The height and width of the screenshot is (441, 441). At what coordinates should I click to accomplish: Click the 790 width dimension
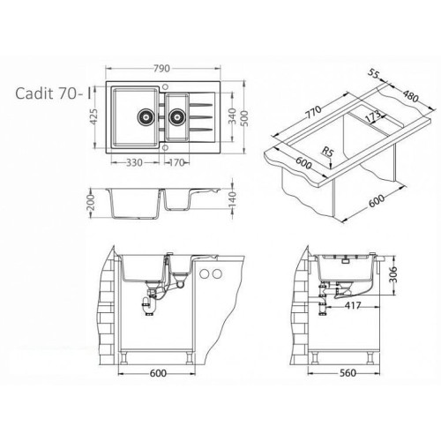point(161,68)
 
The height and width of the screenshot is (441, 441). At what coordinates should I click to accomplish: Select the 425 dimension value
point(93,116)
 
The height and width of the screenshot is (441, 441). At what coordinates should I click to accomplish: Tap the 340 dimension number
point(232,116)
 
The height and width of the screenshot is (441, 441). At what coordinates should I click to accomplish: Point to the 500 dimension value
point(244,118)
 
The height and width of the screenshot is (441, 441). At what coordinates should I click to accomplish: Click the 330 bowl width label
point(134,162)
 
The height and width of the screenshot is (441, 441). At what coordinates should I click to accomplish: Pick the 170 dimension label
point(176,162)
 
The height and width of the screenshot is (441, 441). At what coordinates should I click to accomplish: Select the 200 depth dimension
point(92,203)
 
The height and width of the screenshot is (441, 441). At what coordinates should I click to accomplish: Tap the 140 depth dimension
point(232,198)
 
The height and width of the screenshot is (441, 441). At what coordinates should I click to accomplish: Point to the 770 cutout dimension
point(312,113)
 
